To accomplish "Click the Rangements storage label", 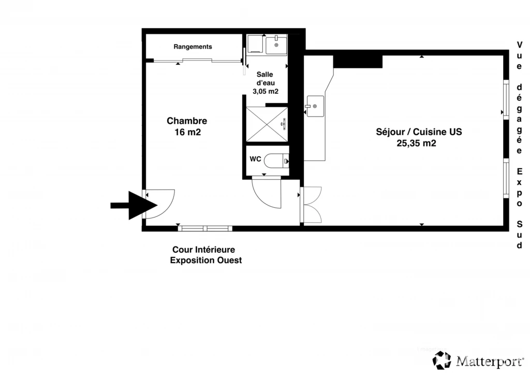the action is (x=193, y=47).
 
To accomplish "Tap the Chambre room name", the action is (x=187, y=121).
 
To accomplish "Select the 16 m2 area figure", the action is (x=187, y=132).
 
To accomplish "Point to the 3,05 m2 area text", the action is (x=266, y=91).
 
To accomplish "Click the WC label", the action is (x=255, y=159).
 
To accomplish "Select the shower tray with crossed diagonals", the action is (x=267, y=125).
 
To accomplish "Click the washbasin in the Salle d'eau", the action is (x=276, y=45).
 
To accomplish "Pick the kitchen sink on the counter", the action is (x=315, y=106).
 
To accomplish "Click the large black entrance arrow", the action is (x=134, y=205).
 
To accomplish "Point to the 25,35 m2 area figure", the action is (x=417, y=143).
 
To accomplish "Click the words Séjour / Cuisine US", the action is (x=419, y=132).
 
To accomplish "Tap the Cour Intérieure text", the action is (x=203, y=250).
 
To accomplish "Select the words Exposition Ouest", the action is (x=206, y=261).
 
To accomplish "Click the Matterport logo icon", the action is (x=442, y=360).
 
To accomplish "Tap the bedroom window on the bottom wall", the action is (x=205, y=228).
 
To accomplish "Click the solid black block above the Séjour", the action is (x=358, y=62).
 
